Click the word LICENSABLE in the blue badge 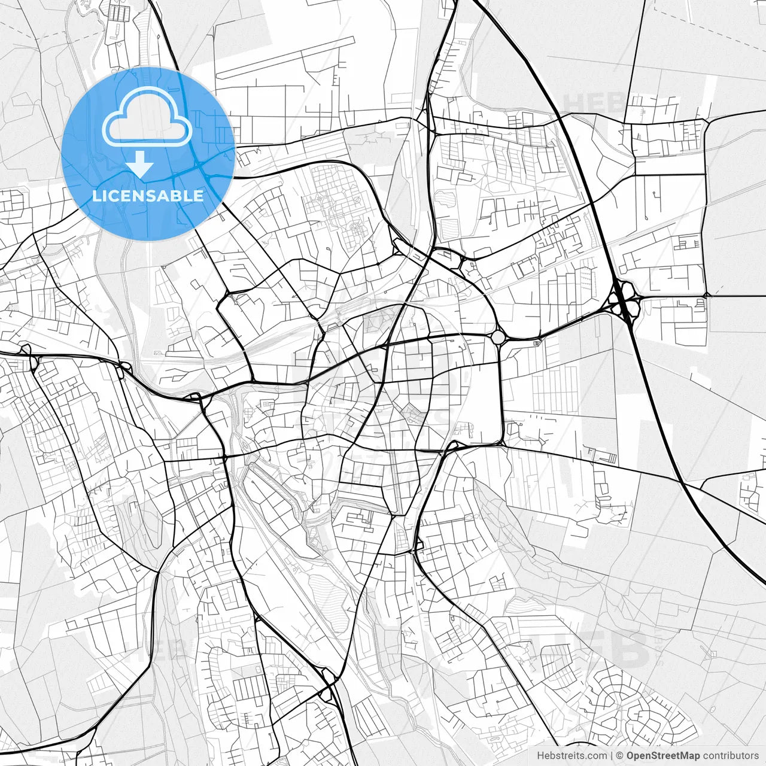147,196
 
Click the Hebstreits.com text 572,756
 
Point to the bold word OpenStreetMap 663,756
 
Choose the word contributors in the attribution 731,756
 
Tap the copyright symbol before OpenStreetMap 620,756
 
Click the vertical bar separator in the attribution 612,756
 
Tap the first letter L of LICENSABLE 96,196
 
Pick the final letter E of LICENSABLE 199,196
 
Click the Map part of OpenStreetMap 689,756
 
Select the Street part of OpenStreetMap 664,756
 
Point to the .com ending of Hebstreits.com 596,756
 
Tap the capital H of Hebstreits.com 540,756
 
